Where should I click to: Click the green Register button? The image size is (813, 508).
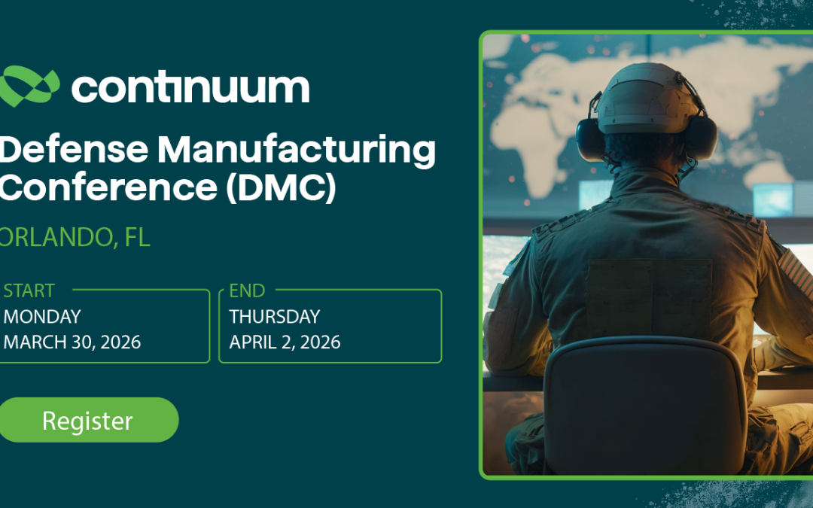click(87, 420)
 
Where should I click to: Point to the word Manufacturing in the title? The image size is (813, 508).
click(297, 151)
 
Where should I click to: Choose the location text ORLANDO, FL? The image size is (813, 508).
click(75, 238)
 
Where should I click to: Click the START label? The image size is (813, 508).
click(29, 291)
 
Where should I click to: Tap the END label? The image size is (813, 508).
click(247, 291)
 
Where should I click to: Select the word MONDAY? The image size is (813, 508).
click(42, 317)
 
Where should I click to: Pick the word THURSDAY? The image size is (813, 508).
click(275, 317)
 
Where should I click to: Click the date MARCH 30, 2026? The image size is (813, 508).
click(72, 342)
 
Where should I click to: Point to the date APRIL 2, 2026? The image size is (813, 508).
click(285, 342)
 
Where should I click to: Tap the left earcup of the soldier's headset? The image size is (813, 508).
click(592, 138)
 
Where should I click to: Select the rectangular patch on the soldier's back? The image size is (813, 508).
click(649, 297)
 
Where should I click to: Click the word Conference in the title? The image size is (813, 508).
click(105, 188)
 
